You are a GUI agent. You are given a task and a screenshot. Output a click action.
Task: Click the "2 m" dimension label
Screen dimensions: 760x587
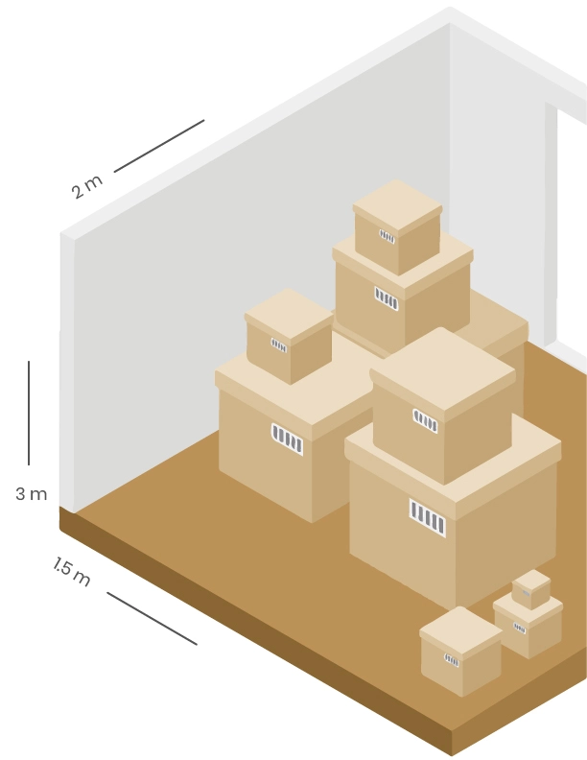(86, 186)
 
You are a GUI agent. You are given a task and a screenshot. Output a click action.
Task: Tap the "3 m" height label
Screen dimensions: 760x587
(31, 494)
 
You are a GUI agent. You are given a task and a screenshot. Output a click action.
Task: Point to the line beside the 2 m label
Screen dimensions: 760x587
(159, 146)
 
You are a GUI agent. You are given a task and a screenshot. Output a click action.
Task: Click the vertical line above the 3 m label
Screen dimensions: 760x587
(29, 413)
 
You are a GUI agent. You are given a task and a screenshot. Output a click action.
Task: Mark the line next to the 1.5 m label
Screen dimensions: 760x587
(152, 618)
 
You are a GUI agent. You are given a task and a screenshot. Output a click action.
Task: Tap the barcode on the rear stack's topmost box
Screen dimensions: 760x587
(387, 236)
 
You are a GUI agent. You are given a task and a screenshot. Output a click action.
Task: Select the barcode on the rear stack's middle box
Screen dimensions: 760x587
(386, 298)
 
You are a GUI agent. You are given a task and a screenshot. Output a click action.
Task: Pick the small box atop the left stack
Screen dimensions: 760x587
(289, 336)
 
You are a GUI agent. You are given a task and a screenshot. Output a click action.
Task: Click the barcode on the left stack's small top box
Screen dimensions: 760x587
(279, 345)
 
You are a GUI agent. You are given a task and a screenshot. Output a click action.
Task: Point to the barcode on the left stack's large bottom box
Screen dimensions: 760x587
(287, 439)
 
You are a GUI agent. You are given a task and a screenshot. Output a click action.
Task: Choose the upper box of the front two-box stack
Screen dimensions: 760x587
(441, 408)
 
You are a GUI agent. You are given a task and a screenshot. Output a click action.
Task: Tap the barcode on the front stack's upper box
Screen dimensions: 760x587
(425, 420)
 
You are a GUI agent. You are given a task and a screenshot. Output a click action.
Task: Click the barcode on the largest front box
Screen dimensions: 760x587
(427, 516)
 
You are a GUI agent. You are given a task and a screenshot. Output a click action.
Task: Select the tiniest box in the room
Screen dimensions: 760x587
(530, 588)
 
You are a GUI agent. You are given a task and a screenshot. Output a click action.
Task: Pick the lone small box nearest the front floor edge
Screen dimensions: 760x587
(460, 652)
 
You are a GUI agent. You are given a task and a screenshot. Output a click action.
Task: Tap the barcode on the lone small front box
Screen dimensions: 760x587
(452, 660)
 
